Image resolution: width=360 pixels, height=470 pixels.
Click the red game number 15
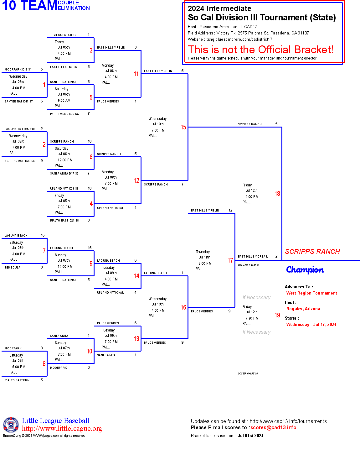[x=183, y=127]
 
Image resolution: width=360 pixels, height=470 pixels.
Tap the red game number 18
[x=277, y=194]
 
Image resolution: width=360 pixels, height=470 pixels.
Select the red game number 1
[x=44, y=85]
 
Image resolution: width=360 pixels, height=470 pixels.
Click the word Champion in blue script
[x=305, y=270]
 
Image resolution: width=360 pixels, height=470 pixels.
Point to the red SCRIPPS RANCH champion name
[x=312, y=252]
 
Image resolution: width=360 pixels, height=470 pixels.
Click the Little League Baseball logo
[x=11, y=425]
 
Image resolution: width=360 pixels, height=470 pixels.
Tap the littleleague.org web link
[x=62, y=429]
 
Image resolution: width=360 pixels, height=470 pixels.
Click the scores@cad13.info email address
[x=273, y=428]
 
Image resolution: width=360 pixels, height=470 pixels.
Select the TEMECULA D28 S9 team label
[x=63, y=35]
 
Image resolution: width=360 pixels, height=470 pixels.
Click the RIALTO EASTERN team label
[x=17, y=380]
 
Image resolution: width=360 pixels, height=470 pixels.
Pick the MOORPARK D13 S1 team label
[x=18, y=70]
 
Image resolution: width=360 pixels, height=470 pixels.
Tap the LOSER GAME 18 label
[x=248, y=373]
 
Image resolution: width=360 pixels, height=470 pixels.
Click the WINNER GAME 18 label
[x=249, y=265]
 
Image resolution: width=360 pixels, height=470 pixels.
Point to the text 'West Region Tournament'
[x=311, y=293]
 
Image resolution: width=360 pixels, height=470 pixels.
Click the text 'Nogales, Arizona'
[x=303, y=309]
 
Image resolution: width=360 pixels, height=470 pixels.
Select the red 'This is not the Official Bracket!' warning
[x=260, y=50]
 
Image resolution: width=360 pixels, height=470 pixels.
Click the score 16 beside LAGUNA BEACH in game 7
[x=43, y=235]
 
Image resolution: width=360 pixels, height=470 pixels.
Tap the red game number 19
[x=277, y=315]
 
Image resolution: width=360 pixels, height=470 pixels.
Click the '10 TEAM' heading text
[x=29, y=6]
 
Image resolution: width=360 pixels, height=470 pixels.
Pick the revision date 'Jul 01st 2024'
[x=250, y=436]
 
